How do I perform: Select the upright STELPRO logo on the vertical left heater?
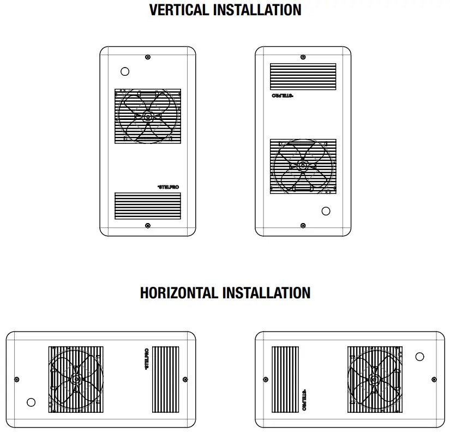[x=167, y=187]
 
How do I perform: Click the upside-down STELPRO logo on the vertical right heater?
[x=282, y=96]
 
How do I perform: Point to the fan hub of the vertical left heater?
[x=148, y=116]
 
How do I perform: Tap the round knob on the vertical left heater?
[x=124, y=71]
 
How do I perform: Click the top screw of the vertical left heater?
[x=148, y=57]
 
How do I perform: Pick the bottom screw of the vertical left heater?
[x=148, y=225]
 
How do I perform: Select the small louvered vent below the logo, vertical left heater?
[x=147, y=206]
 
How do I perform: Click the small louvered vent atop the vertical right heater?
[x=303, y=76]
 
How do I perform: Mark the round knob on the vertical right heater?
[x=326, y=211]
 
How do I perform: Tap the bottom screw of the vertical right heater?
[x=303, y=225]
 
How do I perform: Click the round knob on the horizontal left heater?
[x=31, y=402]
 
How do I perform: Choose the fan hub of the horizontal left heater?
[x=76, y=378]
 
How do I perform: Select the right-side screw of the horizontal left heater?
[x=185, y=379]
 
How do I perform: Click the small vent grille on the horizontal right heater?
[x=285, y=379]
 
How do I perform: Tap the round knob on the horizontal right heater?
[x=419, y=357]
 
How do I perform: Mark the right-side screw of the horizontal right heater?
[x=434, y=379]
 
